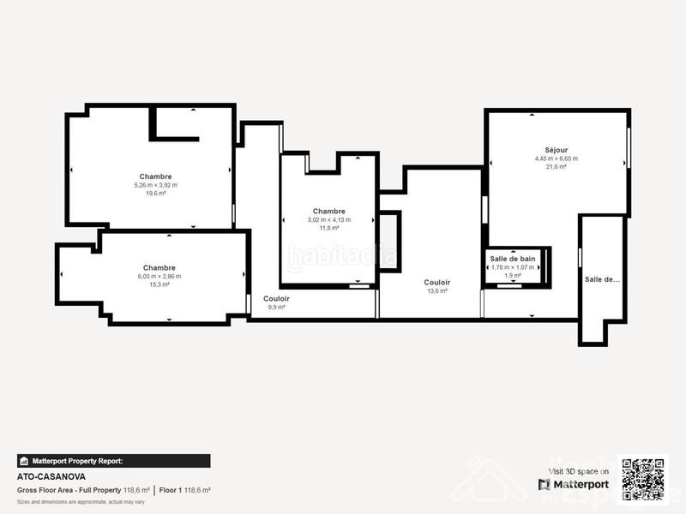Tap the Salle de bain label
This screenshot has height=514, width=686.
point(513,259)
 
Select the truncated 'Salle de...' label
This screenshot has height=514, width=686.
point(602,279)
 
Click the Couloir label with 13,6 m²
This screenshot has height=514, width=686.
point(437,282)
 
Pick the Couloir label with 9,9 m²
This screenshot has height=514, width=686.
point(276,298)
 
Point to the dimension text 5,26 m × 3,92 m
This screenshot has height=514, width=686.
point(155,185)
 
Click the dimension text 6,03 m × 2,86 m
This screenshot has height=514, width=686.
point(159,276)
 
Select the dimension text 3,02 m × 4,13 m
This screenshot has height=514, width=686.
point(328,219)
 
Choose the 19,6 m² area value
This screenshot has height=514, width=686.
point(155,194)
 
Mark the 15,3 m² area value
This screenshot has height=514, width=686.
point(159,284)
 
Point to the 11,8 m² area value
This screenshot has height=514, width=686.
point(328,228)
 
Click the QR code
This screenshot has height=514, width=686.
point(644,478)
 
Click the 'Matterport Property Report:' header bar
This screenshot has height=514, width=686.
point(113,461)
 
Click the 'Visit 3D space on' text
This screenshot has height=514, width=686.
point(579,471)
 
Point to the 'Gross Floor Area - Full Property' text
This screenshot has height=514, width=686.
point(69,490)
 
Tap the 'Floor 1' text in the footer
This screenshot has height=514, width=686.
point(170,490)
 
